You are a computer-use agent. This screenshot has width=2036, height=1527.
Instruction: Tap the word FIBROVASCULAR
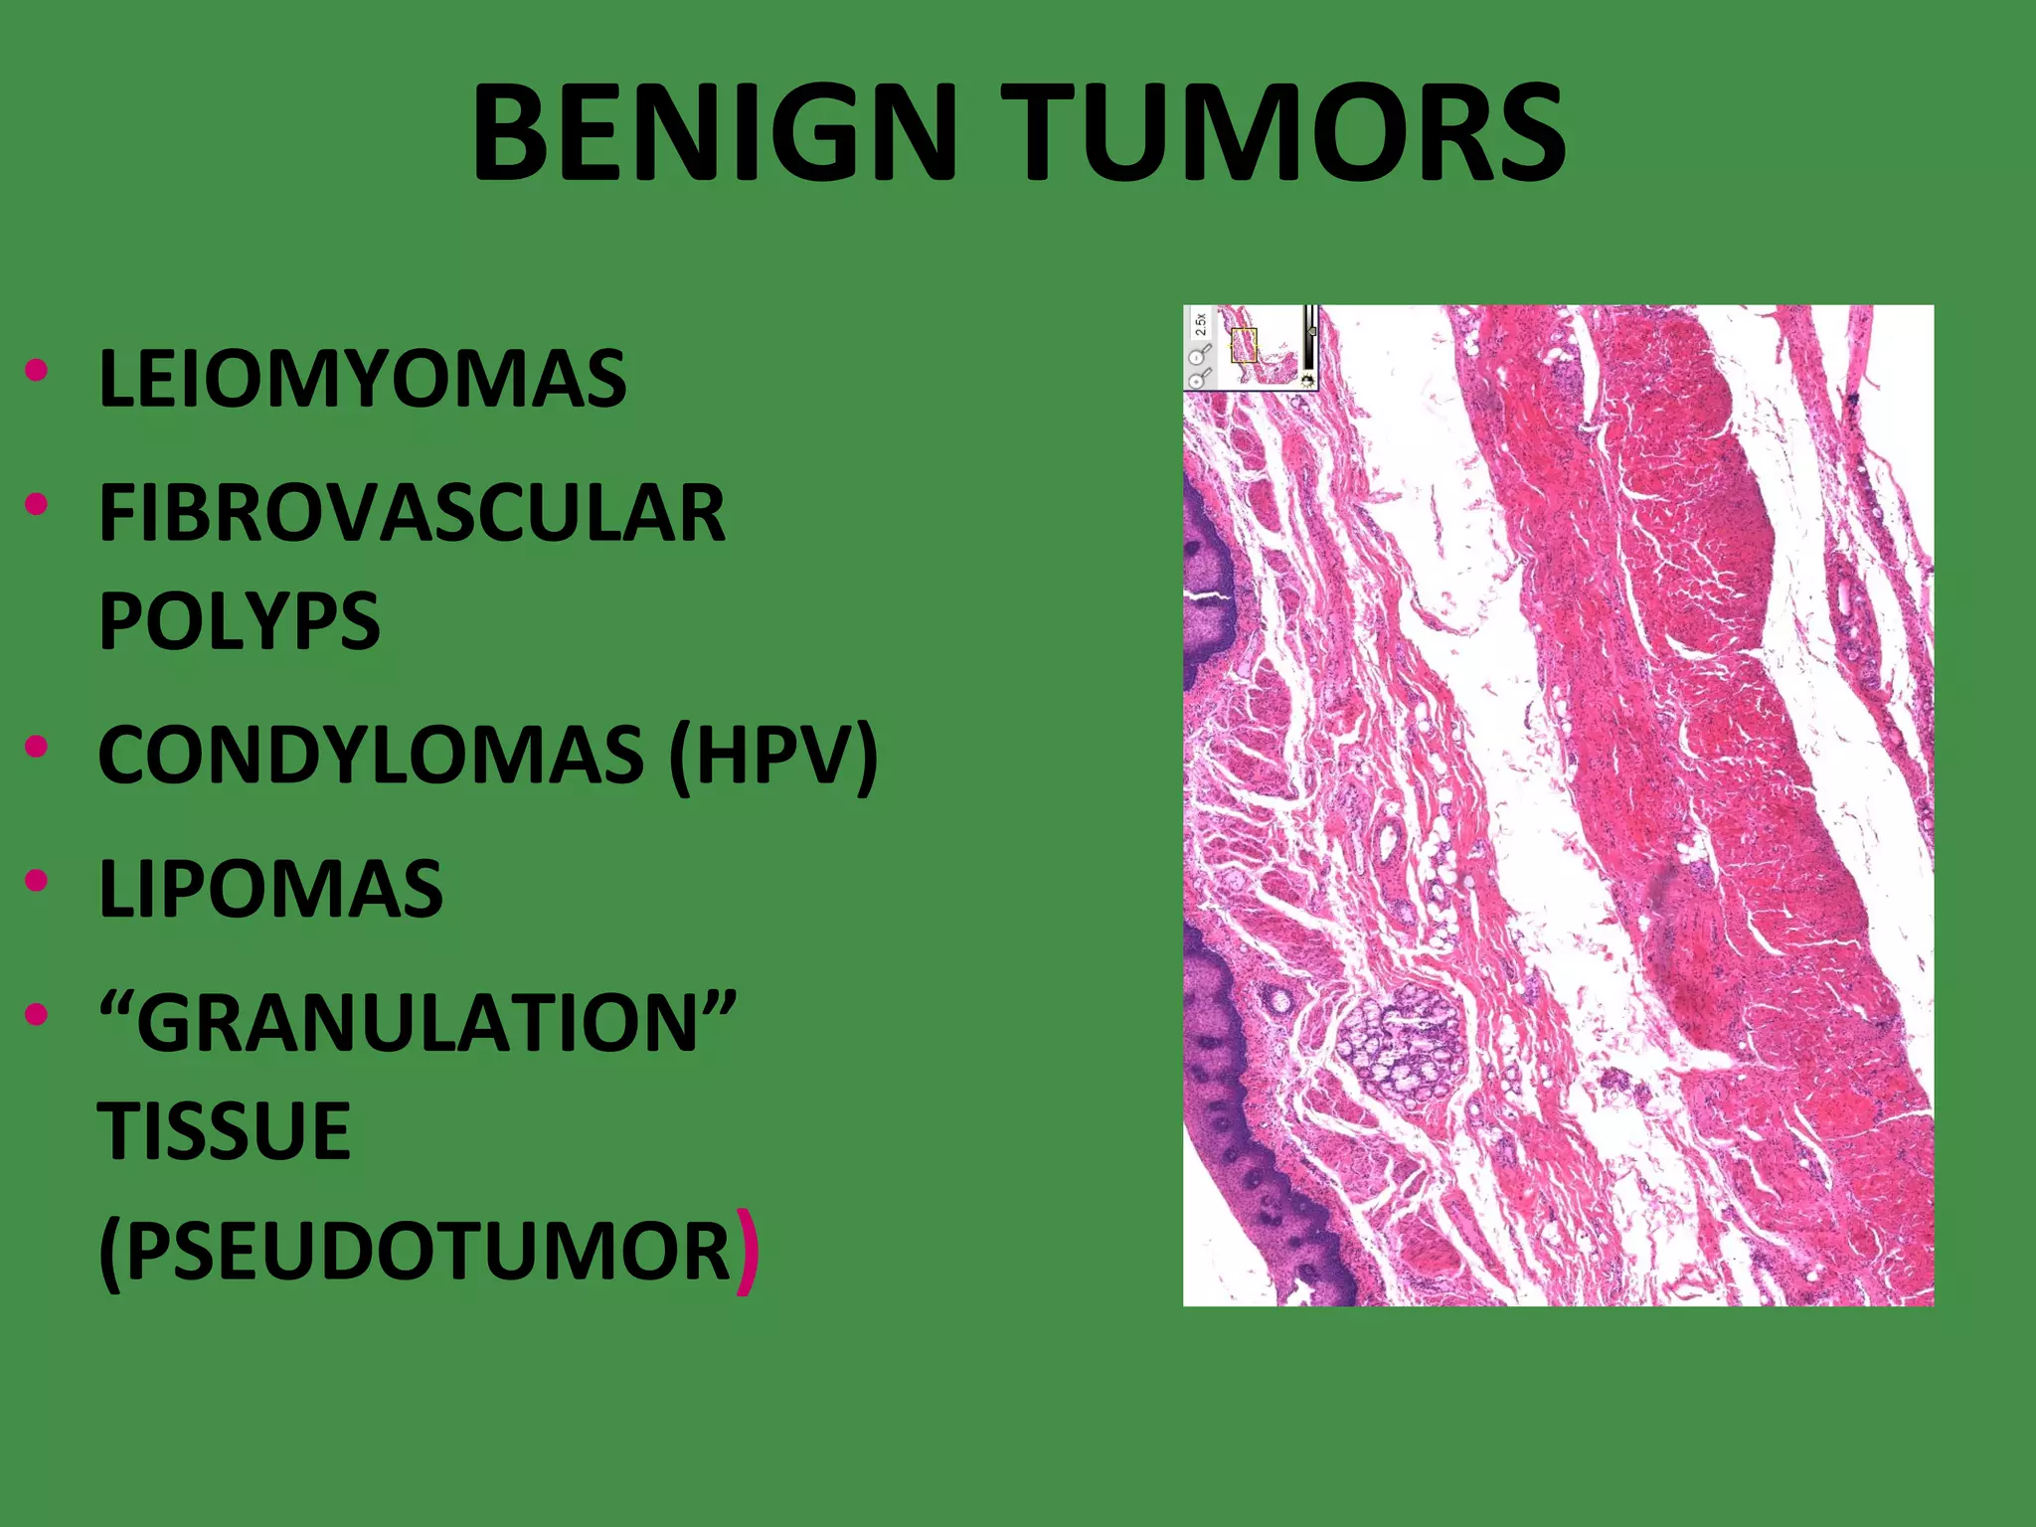pos(412,513)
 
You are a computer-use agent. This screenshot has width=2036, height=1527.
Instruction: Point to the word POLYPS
pos(239,621)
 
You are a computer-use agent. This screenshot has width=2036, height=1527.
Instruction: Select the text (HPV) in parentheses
pos(773,755)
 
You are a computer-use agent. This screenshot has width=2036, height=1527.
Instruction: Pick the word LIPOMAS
pos(270,888)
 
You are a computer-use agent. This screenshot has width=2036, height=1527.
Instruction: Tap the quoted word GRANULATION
pos(418,1023)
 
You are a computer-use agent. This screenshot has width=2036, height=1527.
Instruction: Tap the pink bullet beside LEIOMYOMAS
pos(37,371)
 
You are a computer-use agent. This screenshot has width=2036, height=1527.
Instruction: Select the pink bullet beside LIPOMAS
pos(37,881)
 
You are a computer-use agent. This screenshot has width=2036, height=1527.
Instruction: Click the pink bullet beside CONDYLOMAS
pos(37,747)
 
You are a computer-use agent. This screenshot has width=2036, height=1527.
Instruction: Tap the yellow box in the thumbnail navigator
pos(1244,344)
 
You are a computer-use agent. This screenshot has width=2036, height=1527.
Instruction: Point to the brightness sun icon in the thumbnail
pos(1306,380)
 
